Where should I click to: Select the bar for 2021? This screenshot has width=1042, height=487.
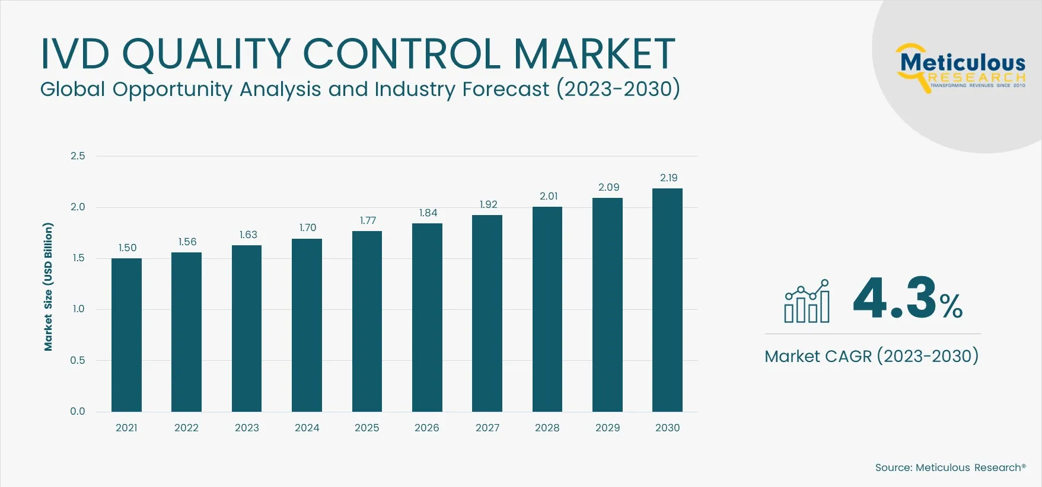[126, 335]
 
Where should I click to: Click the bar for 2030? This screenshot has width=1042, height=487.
[667, 300]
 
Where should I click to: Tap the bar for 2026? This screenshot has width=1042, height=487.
[427, 318]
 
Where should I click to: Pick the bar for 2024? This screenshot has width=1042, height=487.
[307, 325]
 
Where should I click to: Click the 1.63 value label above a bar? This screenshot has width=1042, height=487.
[248, 235]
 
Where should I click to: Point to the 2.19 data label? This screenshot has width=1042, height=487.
[668, 178]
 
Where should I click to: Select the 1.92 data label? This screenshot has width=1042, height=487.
[488, 204]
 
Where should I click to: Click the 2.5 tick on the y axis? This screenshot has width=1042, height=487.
[78, 156]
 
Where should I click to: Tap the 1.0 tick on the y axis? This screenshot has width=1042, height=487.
[78, 309]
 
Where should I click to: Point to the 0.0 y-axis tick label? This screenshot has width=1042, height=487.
[78, 411]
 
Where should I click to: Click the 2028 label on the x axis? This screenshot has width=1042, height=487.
[547, 428]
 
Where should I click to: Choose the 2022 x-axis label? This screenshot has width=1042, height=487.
[186, 428]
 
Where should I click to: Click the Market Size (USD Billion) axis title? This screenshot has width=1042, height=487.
[48, 287]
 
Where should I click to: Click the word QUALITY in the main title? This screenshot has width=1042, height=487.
[206, 54]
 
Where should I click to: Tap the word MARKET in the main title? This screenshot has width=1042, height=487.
[594, 54]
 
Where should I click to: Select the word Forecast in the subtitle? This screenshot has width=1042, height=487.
[505, 89]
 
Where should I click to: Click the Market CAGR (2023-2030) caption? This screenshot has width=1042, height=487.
[871, 356]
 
